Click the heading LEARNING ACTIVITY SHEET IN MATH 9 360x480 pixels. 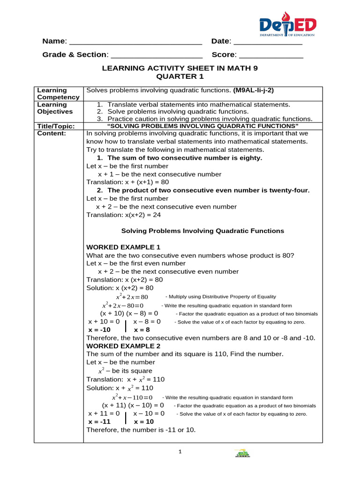pos(180,68)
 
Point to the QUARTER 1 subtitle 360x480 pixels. pos(180,76)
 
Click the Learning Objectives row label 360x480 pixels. pos(55,108)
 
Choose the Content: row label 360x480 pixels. pos(52,133)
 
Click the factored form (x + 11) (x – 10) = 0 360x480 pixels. pos(133,405)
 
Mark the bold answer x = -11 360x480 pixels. pos(99,421)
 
